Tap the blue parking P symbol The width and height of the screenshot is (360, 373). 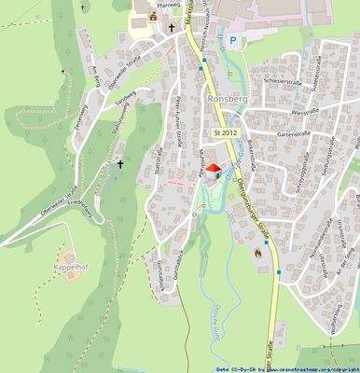tap(233, 40)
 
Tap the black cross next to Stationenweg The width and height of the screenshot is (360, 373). tap(119, 164)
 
